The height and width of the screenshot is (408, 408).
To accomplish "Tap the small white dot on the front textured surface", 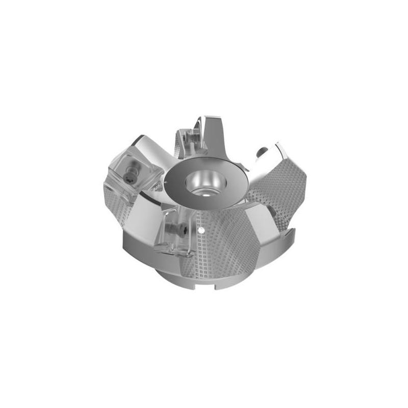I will pos(203,230).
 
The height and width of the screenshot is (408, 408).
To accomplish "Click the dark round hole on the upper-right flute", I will pos(261,151).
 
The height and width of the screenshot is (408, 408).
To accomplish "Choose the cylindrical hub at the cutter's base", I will pos(184,278).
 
